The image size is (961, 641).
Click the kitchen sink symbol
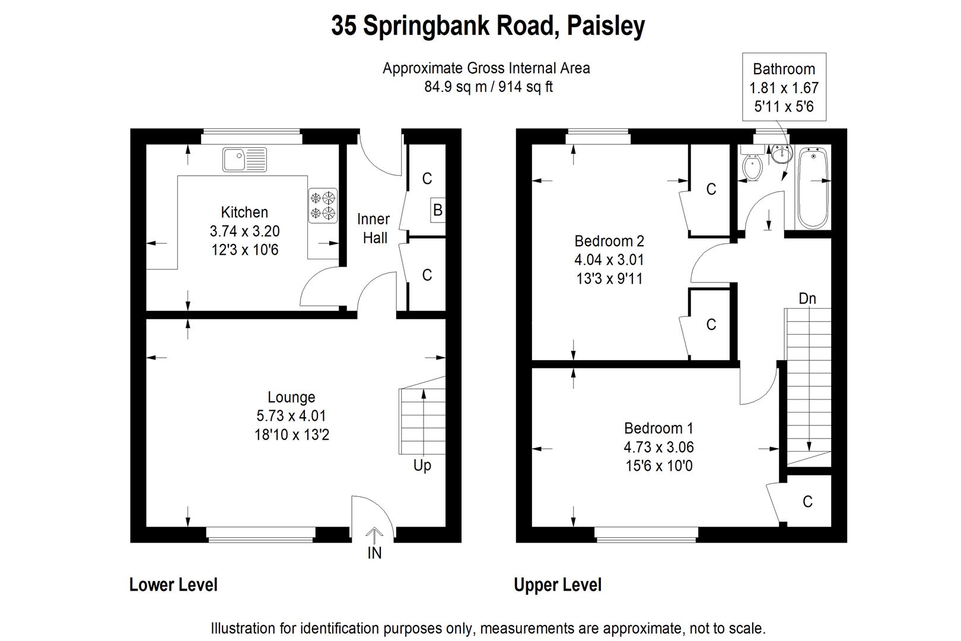(244, 160)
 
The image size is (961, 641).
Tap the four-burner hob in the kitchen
(323, 205)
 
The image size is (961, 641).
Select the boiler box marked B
(438, 210)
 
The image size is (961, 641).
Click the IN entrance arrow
(374, 538)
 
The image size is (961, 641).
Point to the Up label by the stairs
(422, 465)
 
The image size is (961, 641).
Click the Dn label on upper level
(807, 299)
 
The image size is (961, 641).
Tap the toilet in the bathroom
(753, 168)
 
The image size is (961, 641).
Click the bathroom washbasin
(782, 154)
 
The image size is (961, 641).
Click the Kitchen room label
(244, 212)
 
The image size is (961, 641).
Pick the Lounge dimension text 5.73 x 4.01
(291, 416)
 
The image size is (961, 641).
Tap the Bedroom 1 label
(658, 428)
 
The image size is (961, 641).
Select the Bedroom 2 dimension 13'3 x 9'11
(609, 278)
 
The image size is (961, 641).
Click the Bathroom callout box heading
(784, 69)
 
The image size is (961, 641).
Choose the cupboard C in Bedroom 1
(807, 502)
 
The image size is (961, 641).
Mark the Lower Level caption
(173, 585)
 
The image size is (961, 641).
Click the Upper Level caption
(558, 585)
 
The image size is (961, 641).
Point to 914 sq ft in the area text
(526, 87)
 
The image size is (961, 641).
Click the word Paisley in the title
(606, 26)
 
